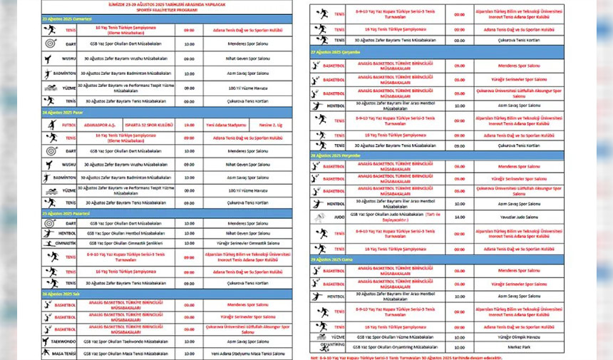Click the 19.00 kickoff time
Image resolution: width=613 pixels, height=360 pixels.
(x=189, y=123)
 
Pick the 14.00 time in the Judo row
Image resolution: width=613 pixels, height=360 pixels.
(x=459, y=217)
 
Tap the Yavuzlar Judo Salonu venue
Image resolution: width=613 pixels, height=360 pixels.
(x=528, y=217)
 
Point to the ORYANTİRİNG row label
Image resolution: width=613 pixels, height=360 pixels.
(x=333, y=346)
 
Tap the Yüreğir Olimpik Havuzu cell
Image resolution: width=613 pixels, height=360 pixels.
(x=528, y=336)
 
